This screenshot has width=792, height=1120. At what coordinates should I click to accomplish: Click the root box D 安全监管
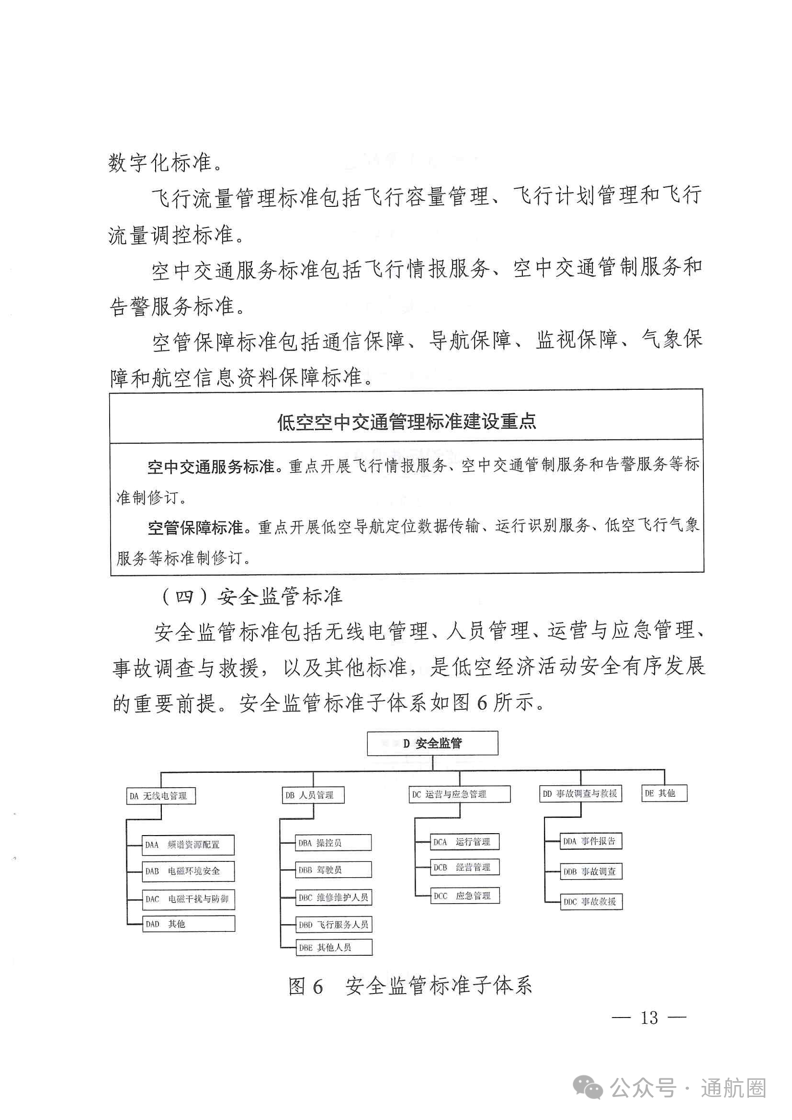432,744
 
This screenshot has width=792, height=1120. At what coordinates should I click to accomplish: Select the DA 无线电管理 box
160,796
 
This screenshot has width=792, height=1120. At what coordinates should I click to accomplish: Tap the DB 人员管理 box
313,795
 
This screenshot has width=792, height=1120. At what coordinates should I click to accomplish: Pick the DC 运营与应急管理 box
459,794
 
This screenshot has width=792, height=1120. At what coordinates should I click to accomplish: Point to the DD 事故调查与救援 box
581,793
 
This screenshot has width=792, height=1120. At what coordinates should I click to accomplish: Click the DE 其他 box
664,793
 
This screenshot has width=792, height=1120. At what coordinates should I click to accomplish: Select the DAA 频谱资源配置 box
188,845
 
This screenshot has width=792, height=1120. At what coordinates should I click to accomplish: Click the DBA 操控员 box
334,843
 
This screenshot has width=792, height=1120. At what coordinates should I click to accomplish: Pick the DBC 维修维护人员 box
334,897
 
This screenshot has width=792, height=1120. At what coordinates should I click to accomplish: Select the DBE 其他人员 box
334,947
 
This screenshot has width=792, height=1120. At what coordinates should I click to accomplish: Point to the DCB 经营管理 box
465,867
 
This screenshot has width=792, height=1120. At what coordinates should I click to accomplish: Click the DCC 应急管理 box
465,895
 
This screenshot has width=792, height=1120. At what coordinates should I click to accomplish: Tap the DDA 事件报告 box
590,841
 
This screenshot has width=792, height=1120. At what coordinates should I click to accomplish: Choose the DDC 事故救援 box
591,902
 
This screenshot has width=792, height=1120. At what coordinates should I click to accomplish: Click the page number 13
649,1018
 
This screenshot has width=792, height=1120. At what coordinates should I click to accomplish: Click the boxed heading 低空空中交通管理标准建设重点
407,421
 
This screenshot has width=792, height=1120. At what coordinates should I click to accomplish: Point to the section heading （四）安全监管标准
252,596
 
